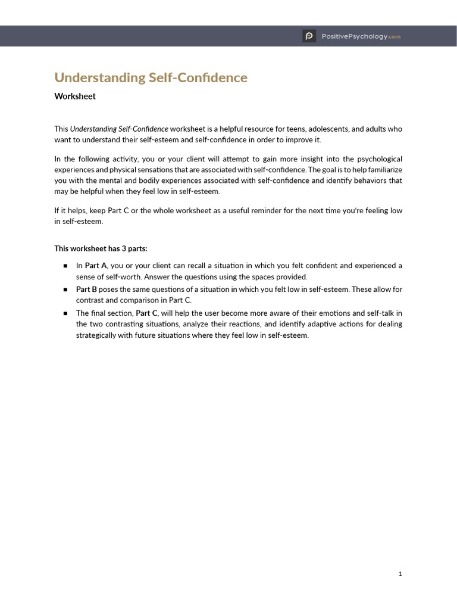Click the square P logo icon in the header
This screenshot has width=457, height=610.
[x=309, y=36]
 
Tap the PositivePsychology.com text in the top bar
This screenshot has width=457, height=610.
[x=361, y=36]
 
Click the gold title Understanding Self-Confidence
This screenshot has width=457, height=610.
[x=151, y=77]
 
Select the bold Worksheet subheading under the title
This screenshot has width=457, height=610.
[x=75, y=96]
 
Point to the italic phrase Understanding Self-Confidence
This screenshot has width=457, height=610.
[x=119, y=129]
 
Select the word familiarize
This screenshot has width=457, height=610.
[x=384, y=170]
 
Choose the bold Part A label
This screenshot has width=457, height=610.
[x=96, y=266]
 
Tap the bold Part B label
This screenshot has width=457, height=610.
[x=86, y=290]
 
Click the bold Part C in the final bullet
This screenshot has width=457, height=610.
[x=146, y=313]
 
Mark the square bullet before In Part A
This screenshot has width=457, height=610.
[x=65, y=266]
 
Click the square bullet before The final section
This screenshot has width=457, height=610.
[x=65, y=313]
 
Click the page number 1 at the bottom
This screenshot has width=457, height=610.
[x=400, y=574]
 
